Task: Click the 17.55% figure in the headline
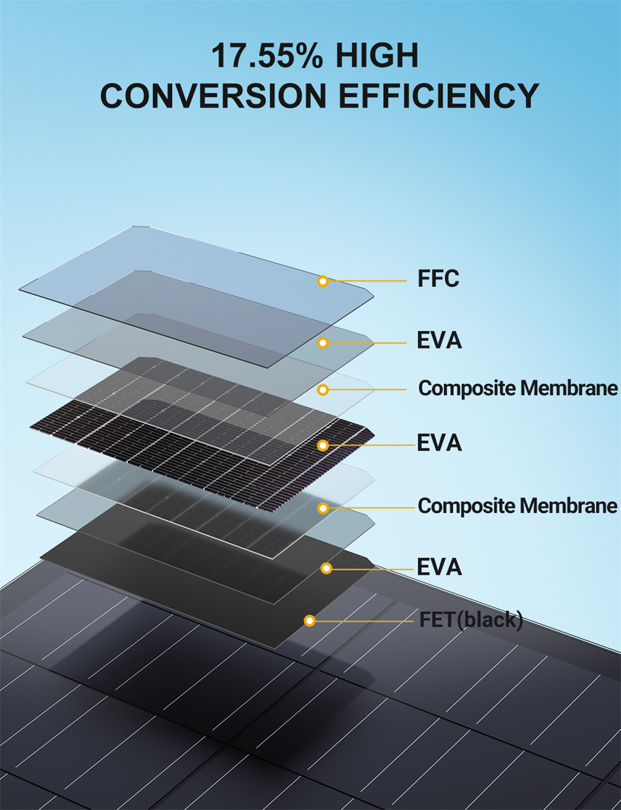coord(267,56)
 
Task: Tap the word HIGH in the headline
coord(377,56)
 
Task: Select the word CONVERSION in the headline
coord(213,96)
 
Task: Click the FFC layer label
coord(438,279)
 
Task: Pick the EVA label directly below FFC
coord(439,340)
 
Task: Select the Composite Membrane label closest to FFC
coord(517,388)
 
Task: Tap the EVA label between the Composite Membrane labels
coord(439,443)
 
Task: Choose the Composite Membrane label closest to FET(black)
coord(517,506)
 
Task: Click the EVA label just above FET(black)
coord(439,567)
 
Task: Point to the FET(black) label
coord(471,619)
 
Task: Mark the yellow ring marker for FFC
coord(322,281)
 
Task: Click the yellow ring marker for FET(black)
coord(310,621)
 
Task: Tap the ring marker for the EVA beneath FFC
coord(322,342)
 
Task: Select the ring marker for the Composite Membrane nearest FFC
coord(322,390)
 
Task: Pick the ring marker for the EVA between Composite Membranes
coord(322,445)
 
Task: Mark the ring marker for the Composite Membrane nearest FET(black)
coord(322,508)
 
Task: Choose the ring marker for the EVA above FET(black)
coord(327,568)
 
